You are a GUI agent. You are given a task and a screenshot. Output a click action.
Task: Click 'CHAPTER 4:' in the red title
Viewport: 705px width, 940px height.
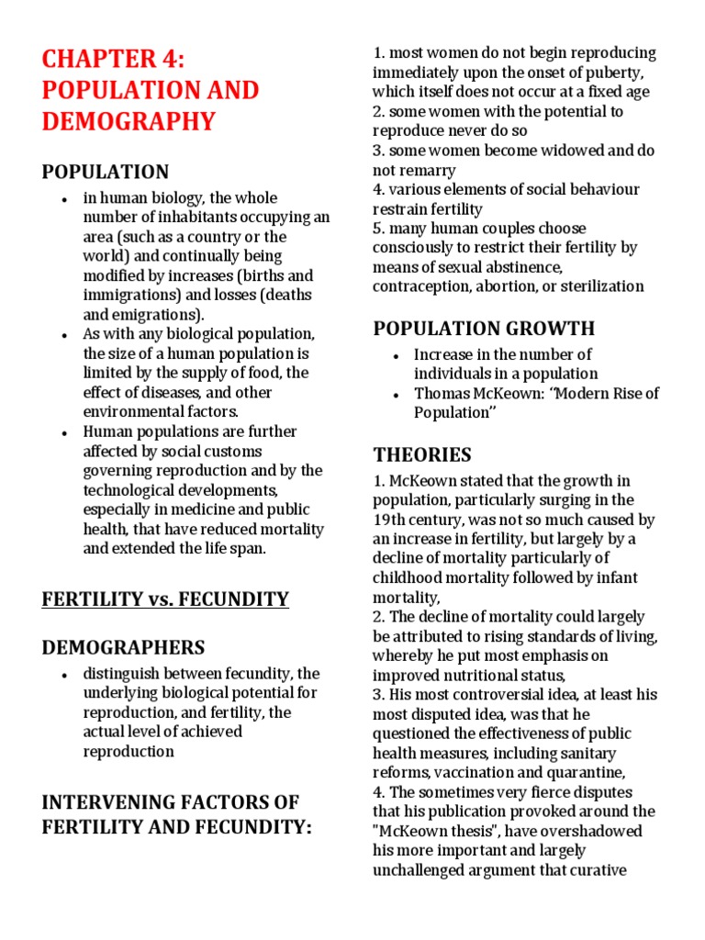[x=114, y=61]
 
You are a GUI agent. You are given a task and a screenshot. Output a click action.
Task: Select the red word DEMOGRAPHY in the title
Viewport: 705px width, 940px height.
[x=129, y=120]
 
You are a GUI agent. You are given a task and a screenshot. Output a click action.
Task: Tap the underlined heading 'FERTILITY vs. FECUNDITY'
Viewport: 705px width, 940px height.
[x=165, y=599]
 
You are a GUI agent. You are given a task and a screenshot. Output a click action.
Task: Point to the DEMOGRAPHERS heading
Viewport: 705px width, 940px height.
[x=123, y=647]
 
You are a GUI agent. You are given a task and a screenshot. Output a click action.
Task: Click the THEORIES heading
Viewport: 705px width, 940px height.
[x=422, y=454]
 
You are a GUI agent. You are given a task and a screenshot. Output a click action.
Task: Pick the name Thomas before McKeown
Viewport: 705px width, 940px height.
[x=444, y=393]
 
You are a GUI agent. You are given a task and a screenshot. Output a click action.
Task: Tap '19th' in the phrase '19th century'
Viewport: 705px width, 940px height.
[x=391, y=520]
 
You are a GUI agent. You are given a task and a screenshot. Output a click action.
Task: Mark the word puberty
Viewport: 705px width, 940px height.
[x=619, y=73]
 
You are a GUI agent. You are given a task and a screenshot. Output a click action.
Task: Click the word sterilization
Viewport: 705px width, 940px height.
[x=599, y=285]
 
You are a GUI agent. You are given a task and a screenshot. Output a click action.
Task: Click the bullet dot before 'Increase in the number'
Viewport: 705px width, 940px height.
[x=394, y=355]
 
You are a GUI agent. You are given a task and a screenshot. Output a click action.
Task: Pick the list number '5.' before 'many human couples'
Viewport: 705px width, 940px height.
[x=378, y=228]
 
